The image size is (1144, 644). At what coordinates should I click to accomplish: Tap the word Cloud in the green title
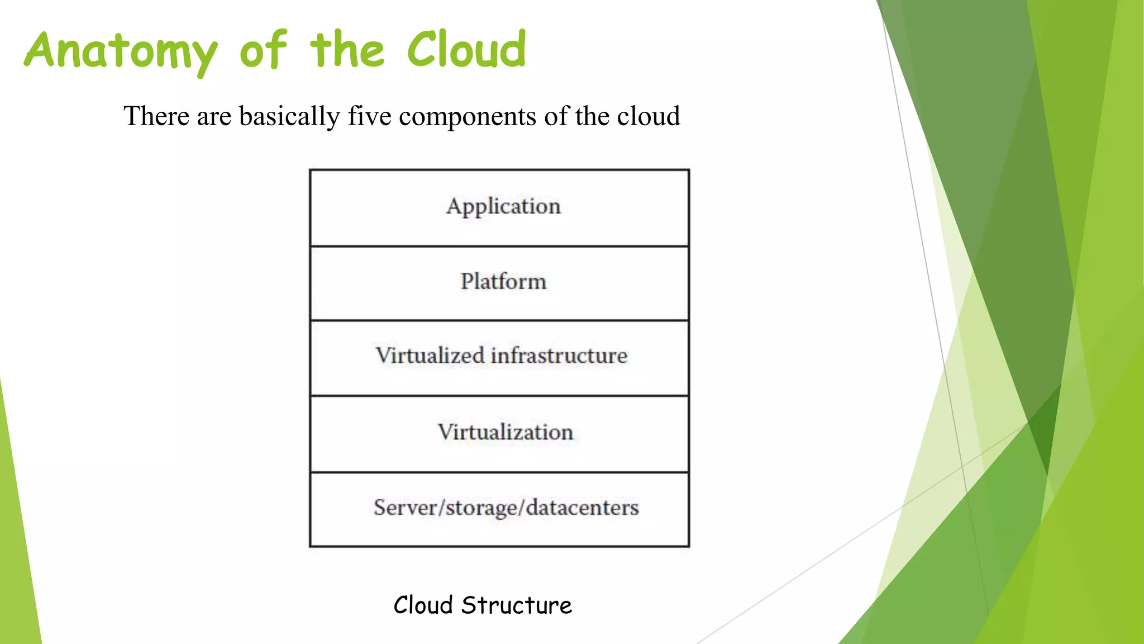click(466, 50)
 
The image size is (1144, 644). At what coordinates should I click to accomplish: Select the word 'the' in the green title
click(347, 50)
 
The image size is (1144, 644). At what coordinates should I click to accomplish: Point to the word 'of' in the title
click(263, 50)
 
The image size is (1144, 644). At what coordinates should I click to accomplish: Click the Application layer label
click(503, 206)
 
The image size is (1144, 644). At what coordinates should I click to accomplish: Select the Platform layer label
click(503, 281)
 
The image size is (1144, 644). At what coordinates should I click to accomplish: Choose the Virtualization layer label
click(506, 432)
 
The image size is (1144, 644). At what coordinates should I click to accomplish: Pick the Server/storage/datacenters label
click(506, 508)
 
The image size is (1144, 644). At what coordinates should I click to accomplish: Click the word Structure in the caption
click(517, 605)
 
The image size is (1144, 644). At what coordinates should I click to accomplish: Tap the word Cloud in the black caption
click(423, 605)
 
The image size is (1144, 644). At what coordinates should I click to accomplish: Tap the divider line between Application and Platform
click(499, 246)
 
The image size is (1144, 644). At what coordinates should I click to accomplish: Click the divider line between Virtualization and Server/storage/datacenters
click(499, 472)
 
